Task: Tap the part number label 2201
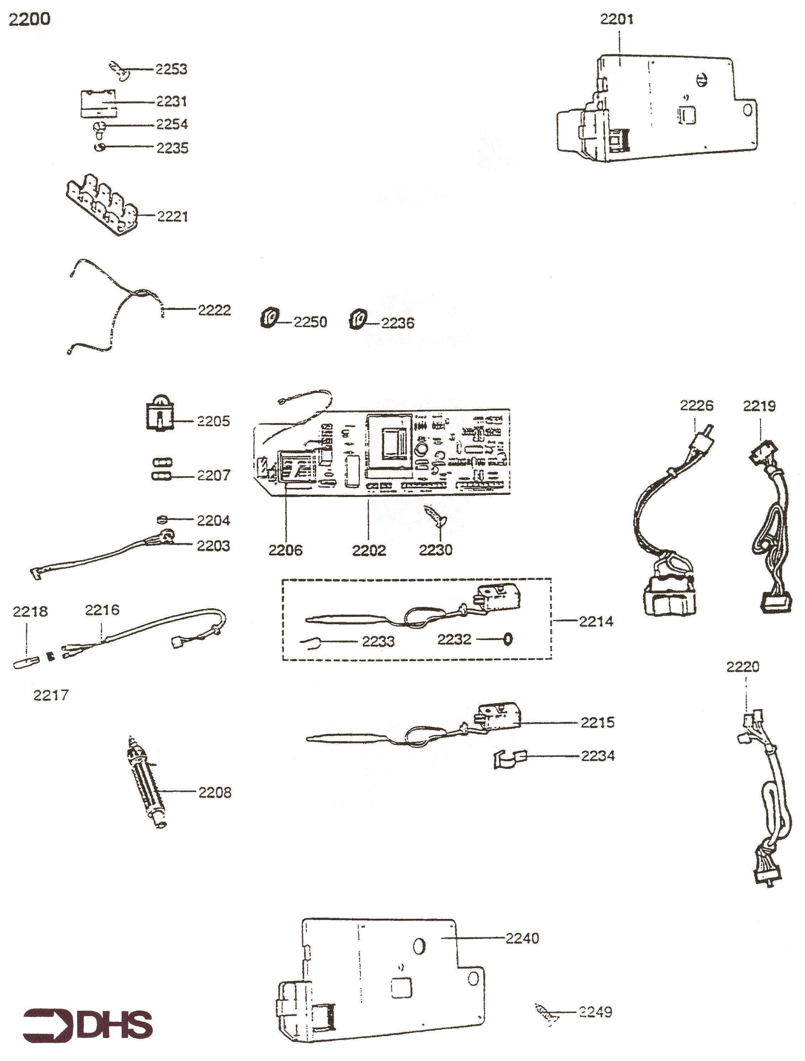click(x=617, y=19)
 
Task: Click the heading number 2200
click(x=30, y=19)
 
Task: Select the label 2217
click(x=51, y=695)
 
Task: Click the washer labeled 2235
click(x=100, y=147)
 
